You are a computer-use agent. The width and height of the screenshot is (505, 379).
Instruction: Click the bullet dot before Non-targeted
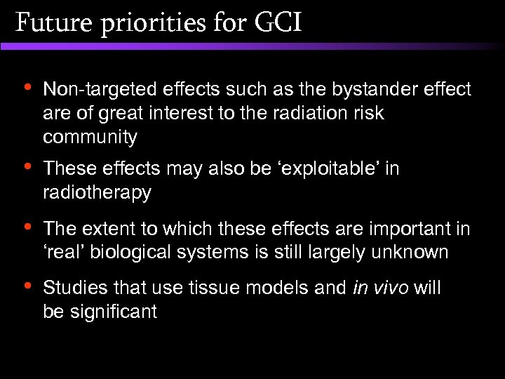pyautogui.click(x=26, y=88)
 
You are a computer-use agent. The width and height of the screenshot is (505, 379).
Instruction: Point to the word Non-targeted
pyautogui.click(x=100, y=89)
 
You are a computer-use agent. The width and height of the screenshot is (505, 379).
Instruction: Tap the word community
pyautogui.click(x=90, y=137)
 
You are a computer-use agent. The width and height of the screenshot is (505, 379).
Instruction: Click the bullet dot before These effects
pyautogui.click(x=26, y=168)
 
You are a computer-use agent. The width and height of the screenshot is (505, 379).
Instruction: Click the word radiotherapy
pyautogui.click(x=97, y=193)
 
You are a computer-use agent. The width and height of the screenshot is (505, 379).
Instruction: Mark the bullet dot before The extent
pyautogui.click(x=26, y=227)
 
